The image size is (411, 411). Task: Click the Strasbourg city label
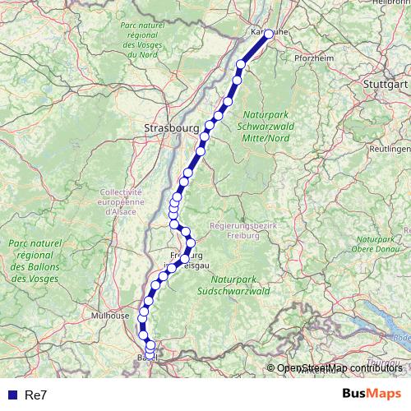point(171,128)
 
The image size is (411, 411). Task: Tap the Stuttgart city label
point(386,85)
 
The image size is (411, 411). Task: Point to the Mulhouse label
point(110,315)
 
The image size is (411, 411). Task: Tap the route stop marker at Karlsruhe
point(269,34)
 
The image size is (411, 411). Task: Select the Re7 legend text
point(36,395)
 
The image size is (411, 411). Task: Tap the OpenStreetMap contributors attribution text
point(339,367)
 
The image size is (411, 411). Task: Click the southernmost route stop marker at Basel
point(150,355)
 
